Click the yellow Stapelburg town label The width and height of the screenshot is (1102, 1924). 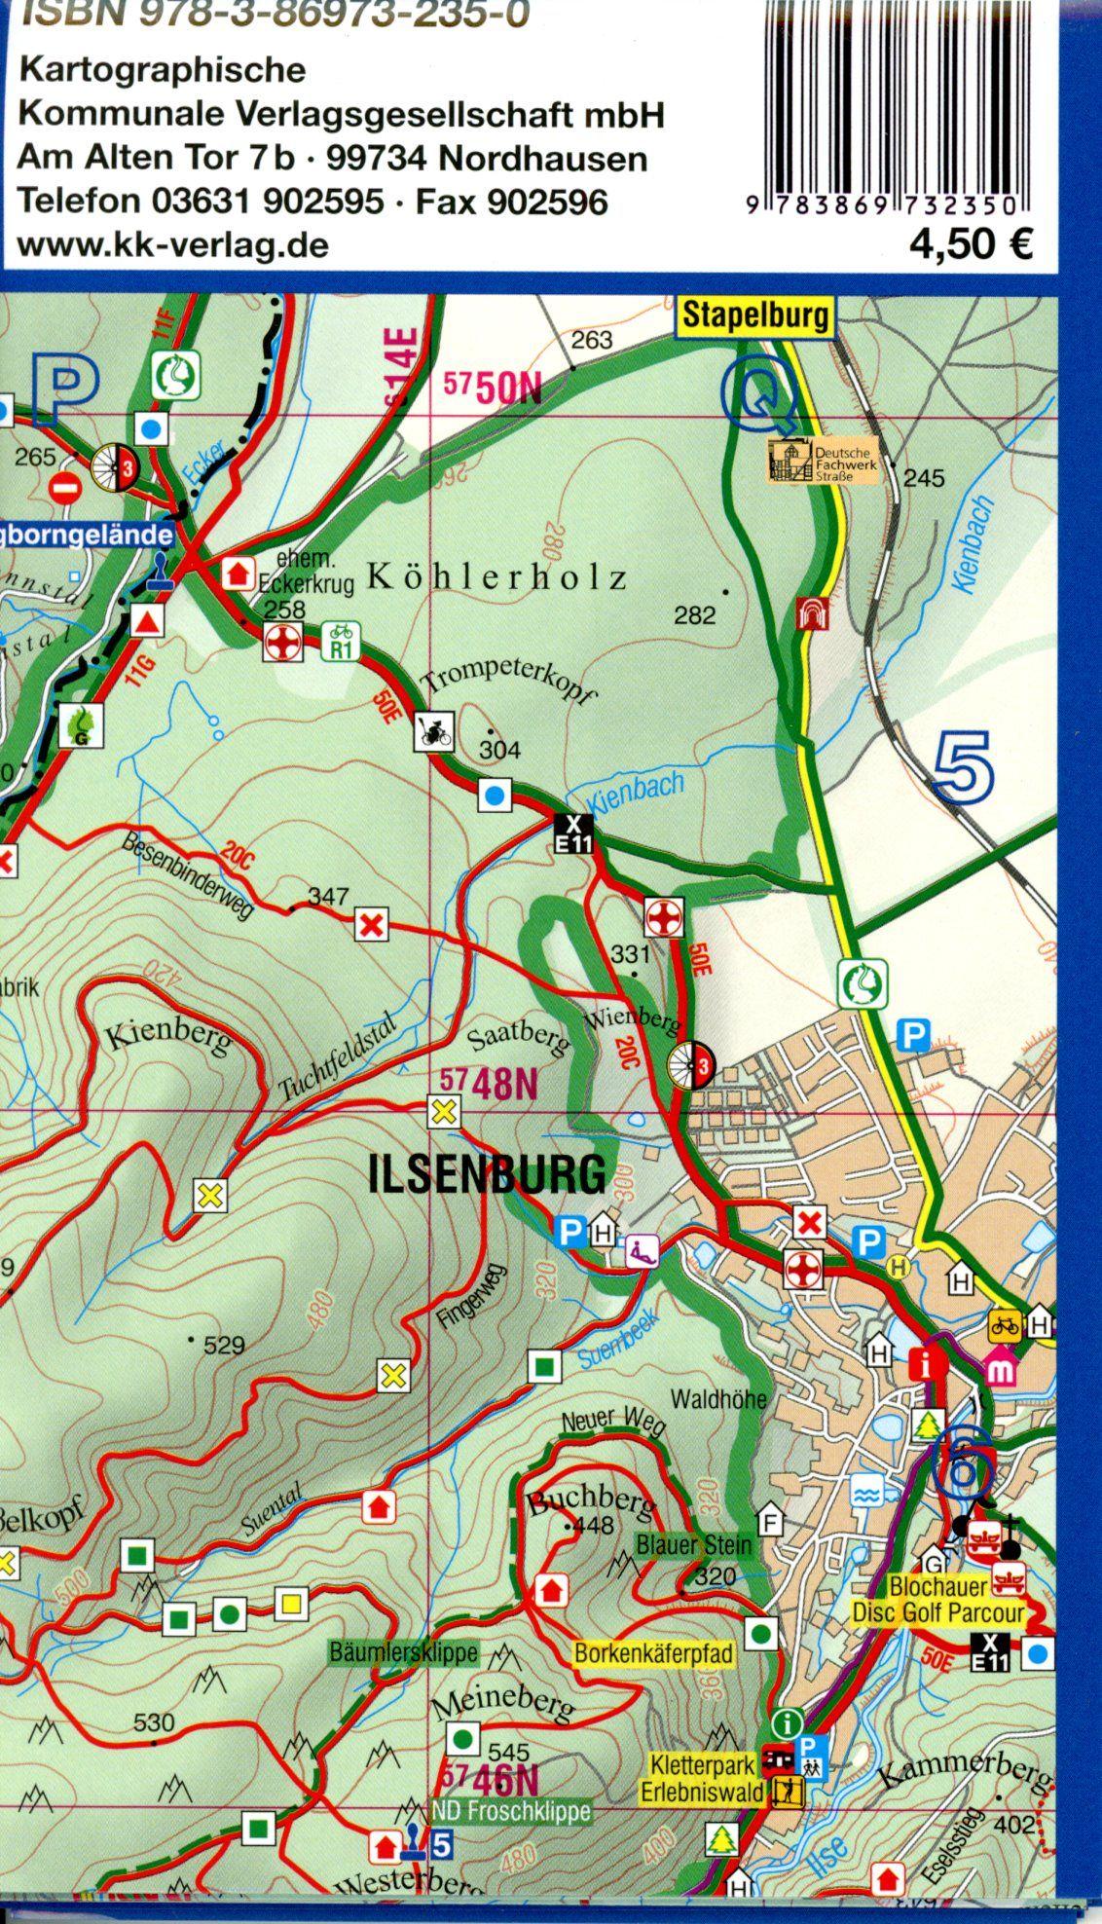755,315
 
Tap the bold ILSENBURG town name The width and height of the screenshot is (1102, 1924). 487,1175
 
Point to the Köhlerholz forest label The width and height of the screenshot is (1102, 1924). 496,578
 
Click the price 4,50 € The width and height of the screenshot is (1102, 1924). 970,243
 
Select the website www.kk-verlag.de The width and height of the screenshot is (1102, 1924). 173,245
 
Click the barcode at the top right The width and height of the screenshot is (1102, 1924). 893,97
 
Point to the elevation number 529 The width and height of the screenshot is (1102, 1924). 223,1347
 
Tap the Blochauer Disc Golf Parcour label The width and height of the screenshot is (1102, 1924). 937,1600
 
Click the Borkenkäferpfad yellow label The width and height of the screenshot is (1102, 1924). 653,1652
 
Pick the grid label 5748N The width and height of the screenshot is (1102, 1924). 489,1084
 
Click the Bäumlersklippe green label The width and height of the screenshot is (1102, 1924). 404,1652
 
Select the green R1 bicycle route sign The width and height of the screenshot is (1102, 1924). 341,643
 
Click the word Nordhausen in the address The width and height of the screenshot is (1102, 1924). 543,158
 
